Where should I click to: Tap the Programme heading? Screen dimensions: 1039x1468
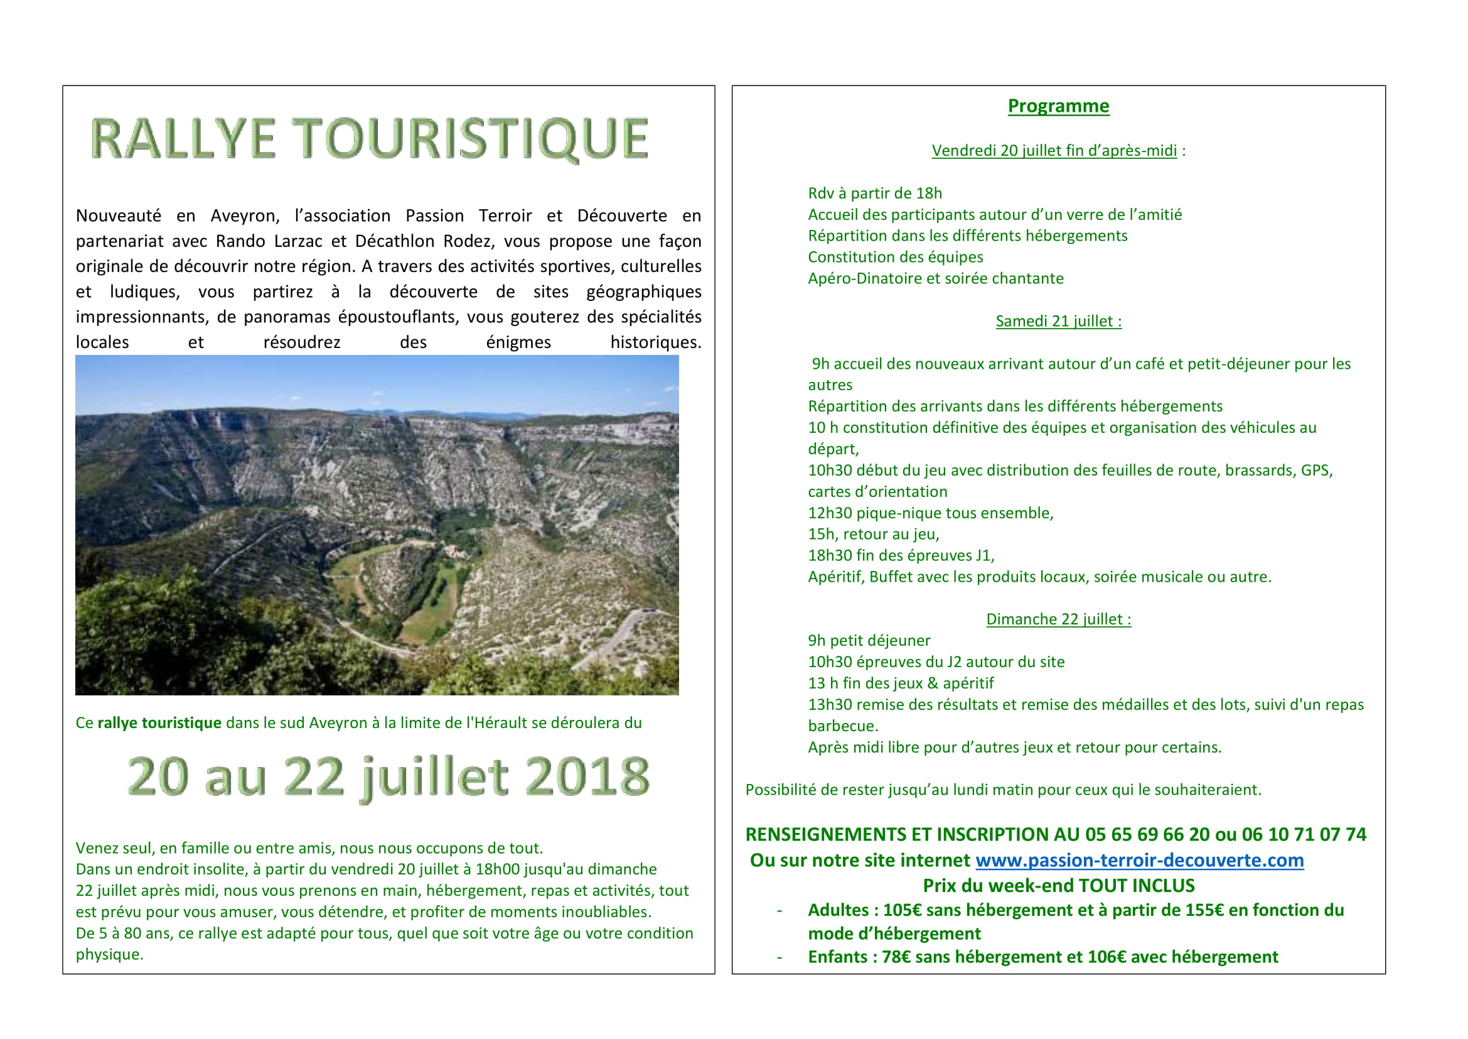coord(1058,106)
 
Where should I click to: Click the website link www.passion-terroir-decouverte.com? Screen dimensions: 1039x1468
coord(1139,861)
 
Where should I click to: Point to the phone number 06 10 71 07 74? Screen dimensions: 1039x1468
coord(1304,835)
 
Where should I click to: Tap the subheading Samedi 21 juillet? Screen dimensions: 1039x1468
coord(1058,321)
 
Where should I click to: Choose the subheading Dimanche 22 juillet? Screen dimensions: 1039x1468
coord(1058,619)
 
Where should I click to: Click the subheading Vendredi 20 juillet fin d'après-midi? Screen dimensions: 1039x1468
coord(1054,151)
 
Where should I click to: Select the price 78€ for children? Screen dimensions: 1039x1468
coord(894,957)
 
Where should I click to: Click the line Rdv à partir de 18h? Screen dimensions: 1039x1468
coord(875,193)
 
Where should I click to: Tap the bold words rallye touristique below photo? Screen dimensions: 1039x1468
coord(159,723)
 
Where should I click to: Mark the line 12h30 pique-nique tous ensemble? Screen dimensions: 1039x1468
coord(930,513)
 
